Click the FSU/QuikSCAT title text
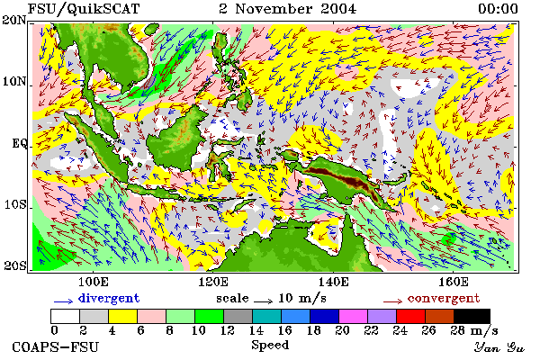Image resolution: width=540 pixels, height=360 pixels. point(84,9)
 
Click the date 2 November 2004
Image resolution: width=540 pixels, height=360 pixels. point(288,9)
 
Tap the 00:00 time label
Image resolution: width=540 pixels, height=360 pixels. point(498,9)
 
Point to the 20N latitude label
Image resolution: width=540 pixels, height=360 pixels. point(14,20)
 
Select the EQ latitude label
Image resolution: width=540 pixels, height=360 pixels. point(19,143)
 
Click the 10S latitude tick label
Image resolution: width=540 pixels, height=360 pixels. point(15,204)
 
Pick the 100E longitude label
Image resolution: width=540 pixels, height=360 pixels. point(93,282)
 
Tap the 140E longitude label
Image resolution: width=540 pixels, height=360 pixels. point(333,282)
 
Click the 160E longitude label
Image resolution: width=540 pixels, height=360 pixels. point(454,282)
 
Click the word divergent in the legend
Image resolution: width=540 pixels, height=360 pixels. point(109,298)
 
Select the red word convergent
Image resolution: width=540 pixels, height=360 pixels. point(444,298)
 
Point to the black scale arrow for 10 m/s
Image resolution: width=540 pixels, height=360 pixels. point(264,301)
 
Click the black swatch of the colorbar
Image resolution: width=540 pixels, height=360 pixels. point(472,316)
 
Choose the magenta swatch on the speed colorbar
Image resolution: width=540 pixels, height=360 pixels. point(353,316)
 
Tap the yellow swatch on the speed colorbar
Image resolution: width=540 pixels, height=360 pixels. point(122,316)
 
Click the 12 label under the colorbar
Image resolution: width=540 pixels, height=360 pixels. point(228,330)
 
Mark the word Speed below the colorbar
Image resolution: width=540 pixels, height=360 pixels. point(270,346)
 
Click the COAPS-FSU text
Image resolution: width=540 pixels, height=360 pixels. point(55,347)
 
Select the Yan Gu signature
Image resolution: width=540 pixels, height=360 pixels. point(499,347)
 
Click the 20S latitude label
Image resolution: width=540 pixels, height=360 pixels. point(15,265)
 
